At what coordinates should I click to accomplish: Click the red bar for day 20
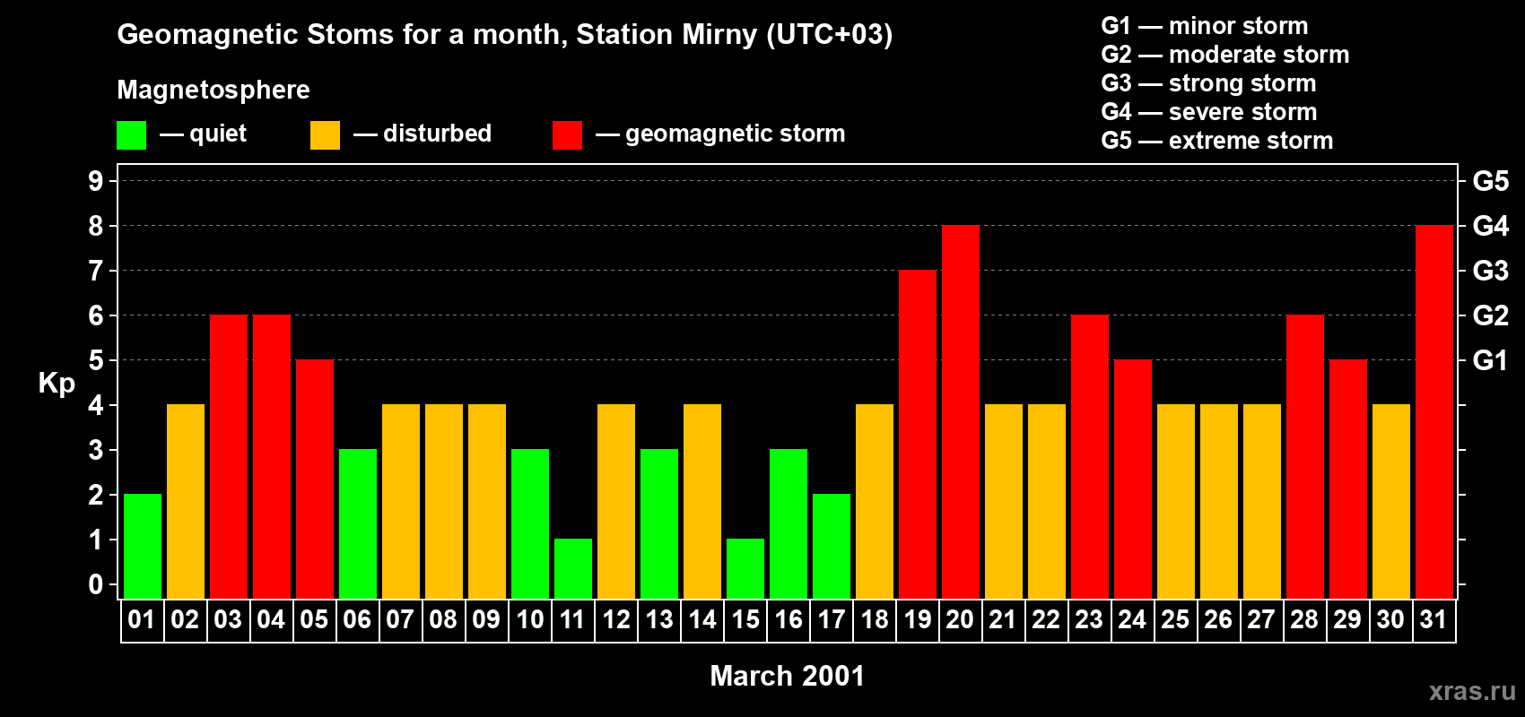pyautogui.click(x=961, y=411)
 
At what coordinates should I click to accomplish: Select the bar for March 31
pyautogui.click(x=1434, y=411)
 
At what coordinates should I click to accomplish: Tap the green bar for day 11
pyautogui.click(x=573, y=568)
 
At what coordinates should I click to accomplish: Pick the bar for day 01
pyautogui.click(x=143, y=546)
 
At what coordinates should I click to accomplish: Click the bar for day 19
pyautogui.click(x=918, y=434)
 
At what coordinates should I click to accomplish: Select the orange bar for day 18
pyautogui.click(x=875, y=501)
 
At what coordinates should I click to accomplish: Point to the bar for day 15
pyautogui.click(x=745, y=568)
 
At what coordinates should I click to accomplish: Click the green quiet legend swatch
pyautogui.click(x=132, y=135)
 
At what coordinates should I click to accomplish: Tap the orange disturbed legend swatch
pyautogui.click(x=325, y=135)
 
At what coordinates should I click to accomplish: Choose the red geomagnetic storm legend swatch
pyautogui.click(x=567, y=135)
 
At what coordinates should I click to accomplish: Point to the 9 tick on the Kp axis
pyautogui.click(x=96, y=181)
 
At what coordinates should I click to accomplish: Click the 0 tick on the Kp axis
pyautogui.click(x=96, y=584)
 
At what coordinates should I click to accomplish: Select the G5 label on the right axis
pyautogui.click(x=1490, y=181)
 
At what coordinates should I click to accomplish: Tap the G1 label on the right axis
pyautogui.click(x=1490, y=360)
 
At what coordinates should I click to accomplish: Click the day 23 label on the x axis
pyautogui.click(x=1089, y=620)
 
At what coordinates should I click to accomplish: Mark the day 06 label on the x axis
pyautogui.click(x=357, y=620)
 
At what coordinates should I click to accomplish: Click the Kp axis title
pyautogui.click(x=57, y=383)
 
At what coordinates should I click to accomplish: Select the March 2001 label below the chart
pyautogui.click(x=787, y=676)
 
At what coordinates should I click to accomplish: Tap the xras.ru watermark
pyautogui.click(x=1472, y=691)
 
